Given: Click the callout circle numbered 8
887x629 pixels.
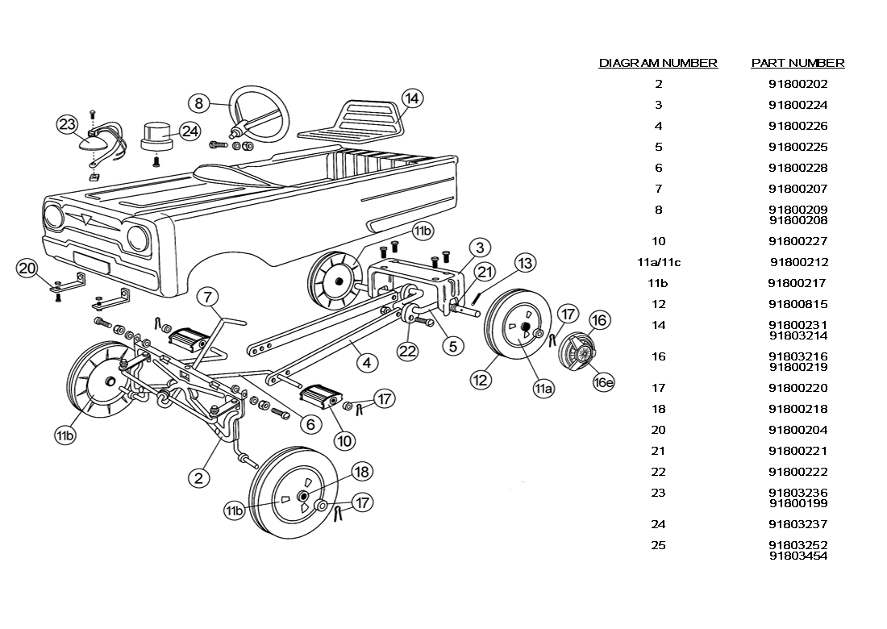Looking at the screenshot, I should (x=198, y=103).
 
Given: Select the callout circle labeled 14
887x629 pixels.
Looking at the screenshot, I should (x=411, y=99).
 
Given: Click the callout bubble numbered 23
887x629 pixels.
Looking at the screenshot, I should (x=67, y=124).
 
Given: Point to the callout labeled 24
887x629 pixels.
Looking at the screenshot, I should (x=189, y=131).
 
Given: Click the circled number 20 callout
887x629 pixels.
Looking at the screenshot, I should (x=27, y=269).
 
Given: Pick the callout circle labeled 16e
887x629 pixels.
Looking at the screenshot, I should (x=603, y=382).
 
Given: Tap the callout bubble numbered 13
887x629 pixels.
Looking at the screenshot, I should (x=525, y=263).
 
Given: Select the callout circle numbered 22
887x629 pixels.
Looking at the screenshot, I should (x=407, y=351).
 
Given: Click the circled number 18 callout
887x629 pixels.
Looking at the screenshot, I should (x=361, y=472).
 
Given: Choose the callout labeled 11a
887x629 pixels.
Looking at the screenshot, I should (x=543, y=388).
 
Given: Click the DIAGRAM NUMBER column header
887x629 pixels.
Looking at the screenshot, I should (x=658, y=63).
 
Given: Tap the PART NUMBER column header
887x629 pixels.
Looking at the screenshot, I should (x=797, y=63).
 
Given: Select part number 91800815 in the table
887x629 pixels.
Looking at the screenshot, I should (x=797, y=304).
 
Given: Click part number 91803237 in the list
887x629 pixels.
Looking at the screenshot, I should (x=797, y=524).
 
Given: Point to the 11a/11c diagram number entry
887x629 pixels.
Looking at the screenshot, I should (x=658, y=262).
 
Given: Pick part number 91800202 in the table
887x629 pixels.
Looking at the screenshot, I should (x=797, y=84).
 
